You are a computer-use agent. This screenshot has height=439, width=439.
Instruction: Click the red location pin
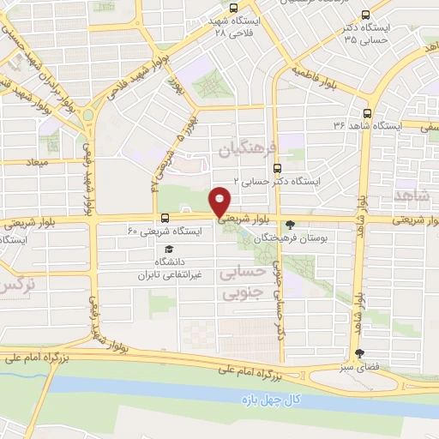(x=221, y=201)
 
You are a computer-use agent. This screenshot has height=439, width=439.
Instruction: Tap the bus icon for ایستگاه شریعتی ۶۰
(x=165, y=217)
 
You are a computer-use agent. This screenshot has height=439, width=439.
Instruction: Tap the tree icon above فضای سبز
(x=358, y=352)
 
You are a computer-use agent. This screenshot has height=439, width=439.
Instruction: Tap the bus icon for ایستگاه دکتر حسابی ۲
(x=275, y=169)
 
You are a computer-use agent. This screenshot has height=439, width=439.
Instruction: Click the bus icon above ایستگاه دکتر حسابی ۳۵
(x=367, y=15)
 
